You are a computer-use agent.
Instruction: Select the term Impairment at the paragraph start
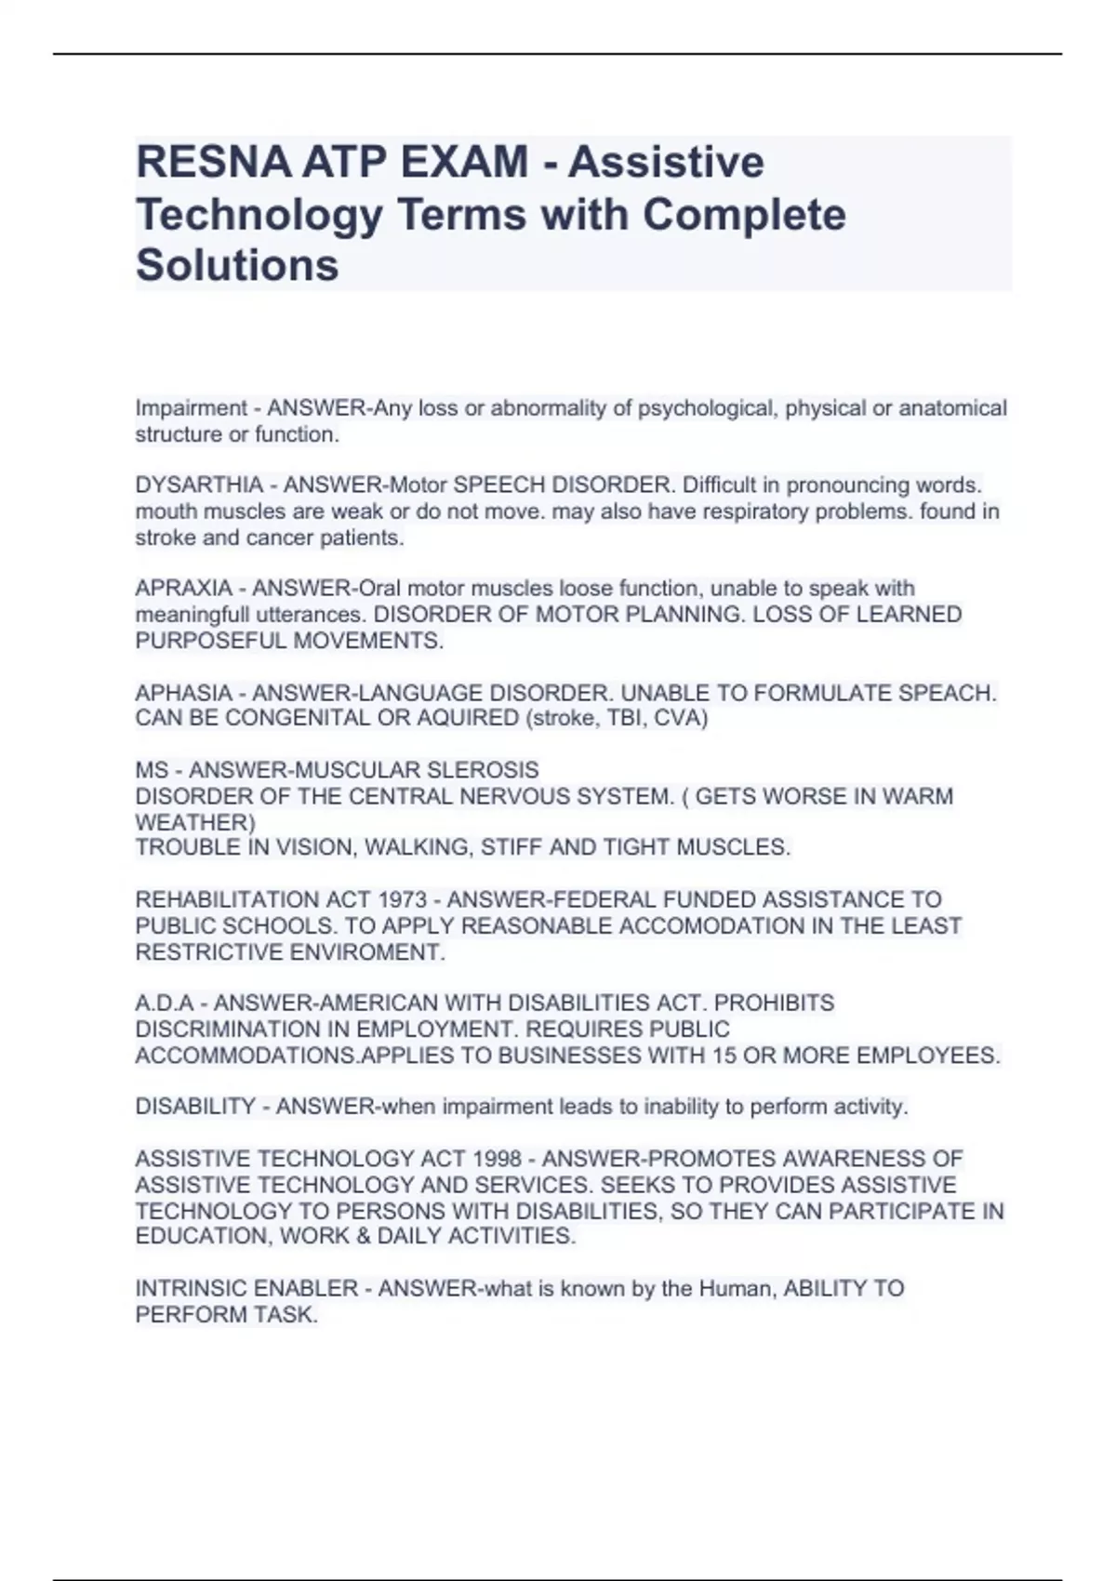pos(191,408)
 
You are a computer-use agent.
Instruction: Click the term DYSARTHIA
pos(199,485)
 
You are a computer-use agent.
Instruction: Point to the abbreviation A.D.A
pos(165,1003)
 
